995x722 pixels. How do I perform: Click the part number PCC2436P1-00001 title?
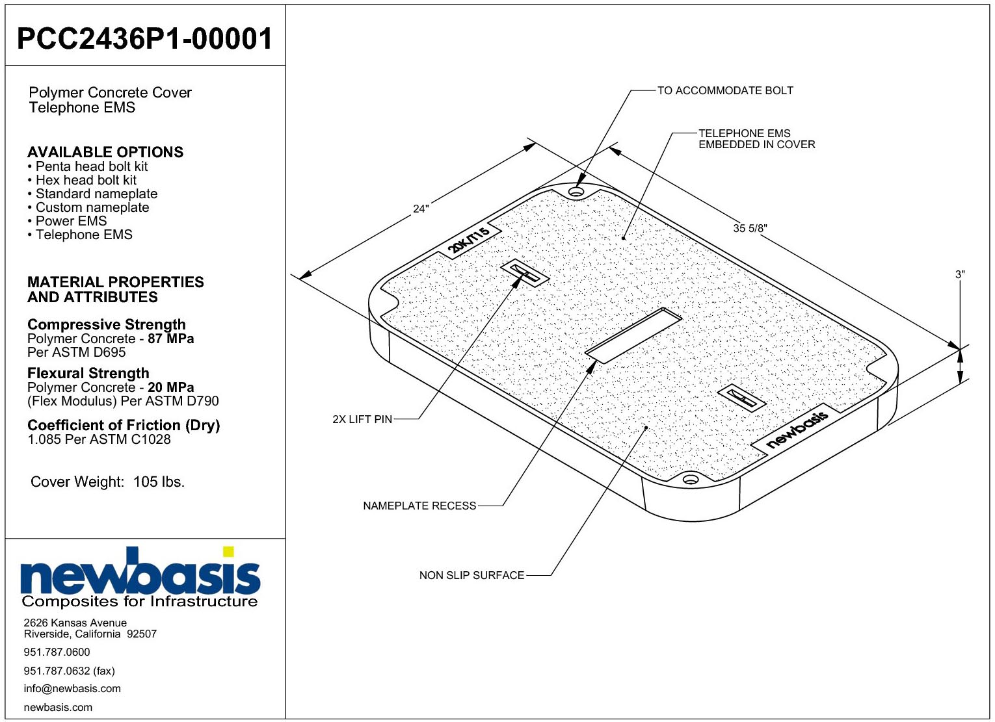[x=144, y=38]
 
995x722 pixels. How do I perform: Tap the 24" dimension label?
[x=421, y=208]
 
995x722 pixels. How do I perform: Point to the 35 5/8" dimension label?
[x=750, y=228]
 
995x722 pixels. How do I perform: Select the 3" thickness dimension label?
[x=960, y=275]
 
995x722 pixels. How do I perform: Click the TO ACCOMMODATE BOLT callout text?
[x=725, y=90]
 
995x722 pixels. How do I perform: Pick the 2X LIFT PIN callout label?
[x=362, y=419]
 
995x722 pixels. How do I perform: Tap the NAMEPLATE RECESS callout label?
[x=419, y=506]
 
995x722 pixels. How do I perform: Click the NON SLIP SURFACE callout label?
[x=471, y=576]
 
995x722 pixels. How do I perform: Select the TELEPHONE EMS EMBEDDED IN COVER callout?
[x=756, y=139]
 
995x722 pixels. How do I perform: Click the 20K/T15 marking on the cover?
[x=468, y=240]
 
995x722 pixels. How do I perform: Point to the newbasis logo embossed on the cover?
[x=797, y=429]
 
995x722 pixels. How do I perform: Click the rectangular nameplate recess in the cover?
[x=633, y=335]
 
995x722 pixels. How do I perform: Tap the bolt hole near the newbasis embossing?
[x=690, y=479]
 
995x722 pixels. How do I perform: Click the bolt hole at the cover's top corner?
[x=577, y=192]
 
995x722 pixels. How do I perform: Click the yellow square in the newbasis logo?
[x=228, y=552]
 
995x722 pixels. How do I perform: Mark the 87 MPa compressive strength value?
[x=171, y=339]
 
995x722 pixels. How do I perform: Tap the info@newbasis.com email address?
[x=72, y=688]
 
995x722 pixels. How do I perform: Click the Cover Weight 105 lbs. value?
[x=159, y=482]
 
